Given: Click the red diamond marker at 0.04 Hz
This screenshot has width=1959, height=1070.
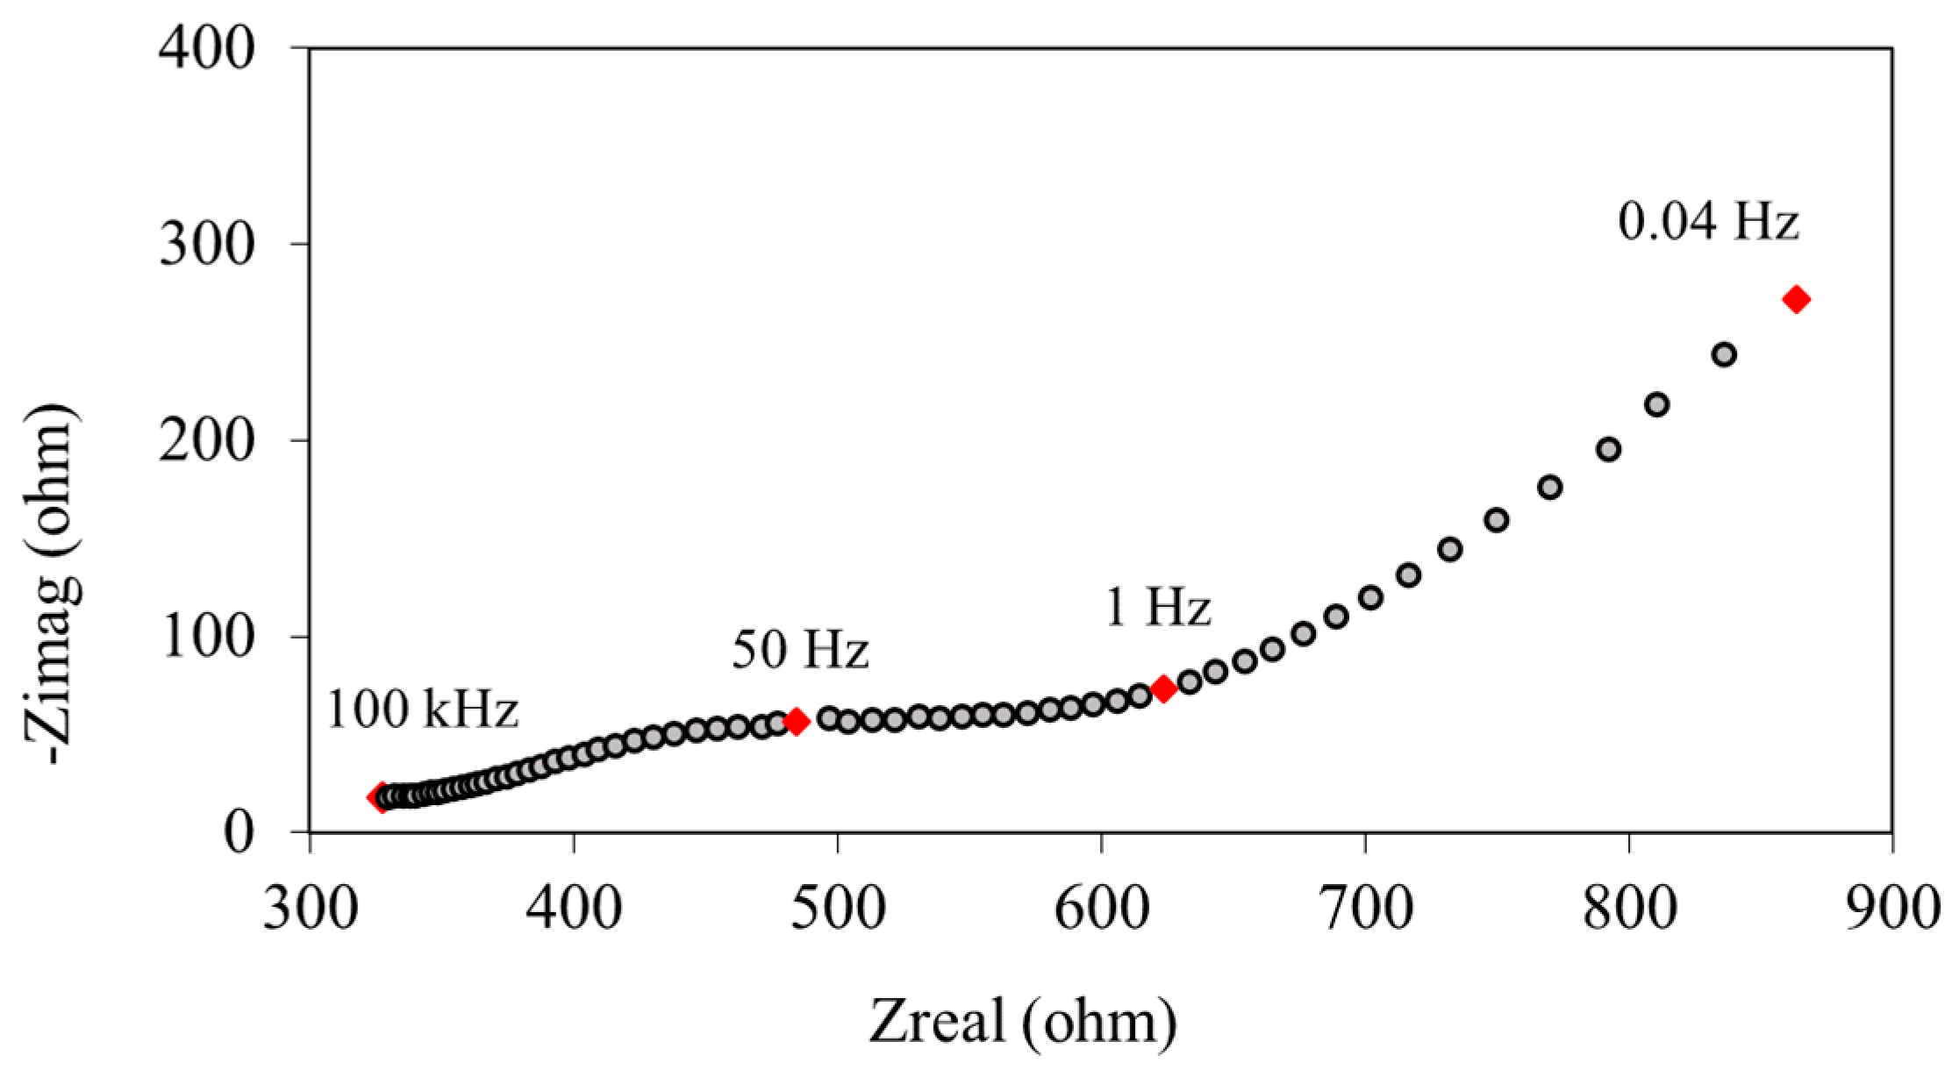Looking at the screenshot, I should coord(1796,300).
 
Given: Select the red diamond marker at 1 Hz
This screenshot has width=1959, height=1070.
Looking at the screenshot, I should coord(1163,688).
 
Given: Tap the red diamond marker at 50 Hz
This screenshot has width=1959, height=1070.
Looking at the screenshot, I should coord(797,722).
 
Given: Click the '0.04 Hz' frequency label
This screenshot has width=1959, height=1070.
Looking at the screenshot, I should coord(1708,223).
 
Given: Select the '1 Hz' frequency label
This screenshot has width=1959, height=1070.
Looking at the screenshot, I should coord(1158,607).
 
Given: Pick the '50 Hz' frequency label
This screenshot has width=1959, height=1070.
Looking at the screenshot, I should coord(800,651).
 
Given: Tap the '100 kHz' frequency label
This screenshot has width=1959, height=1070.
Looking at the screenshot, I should coord(423,710).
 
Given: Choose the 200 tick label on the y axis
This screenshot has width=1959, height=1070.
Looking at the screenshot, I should coord(207,440).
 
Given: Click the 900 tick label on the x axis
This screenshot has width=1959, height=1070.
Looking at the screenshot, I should coord(1892,909).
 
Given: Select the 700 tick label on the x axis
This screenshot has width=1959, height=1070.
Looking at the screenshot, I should coord(1365,909).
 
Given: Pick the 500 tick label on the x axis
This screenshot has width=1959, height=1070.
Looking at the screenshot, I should coord(837,909).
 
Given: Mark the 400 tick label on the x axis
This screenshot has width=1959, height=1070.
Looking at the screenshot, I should coord(574,909).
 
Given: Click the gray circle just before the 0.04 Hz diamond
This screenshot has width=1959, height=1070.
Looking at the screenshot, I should coord(1724,354).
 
